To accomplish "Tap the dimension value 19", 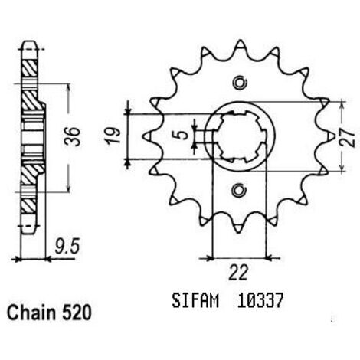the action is [114, 136].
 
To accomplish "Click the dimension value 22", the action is [238, 273].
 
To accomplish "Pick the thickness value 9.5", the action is [67, 247].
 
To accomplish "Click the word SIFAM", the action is [195, 301].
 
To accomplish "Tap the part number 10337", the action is [260, 301].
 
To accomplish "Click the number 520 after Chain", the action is [77, 313].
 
